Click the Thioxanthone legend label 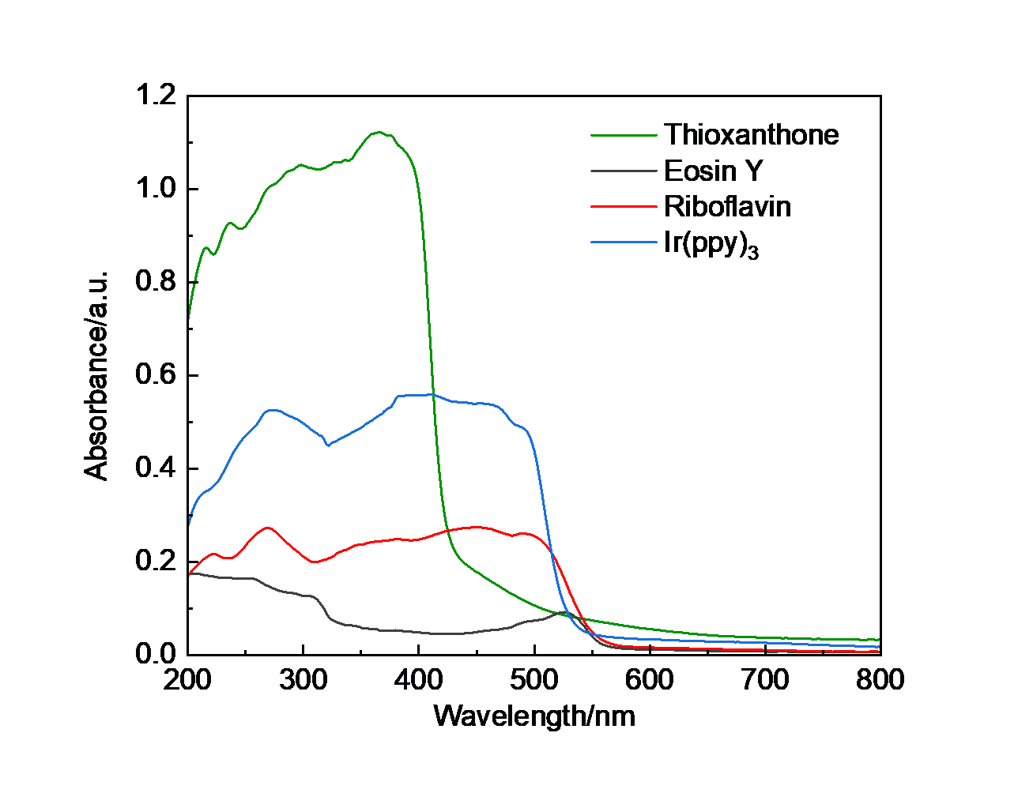coord(751,135)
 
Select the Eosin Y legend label coord(713,171)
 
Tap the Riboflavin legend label coord(727,207)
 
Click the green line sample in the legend coord(624,135)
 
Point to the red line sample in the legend coord(624,207)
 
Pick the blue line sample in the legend coord(624,242)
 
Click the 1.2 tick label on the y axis coord(155,96)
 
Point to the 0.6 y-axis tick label coord(155,375)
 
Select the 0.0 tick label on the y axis coord(155,654)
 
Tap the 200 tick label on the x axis coord(188,679)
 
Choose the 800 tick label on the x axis coord(880,679)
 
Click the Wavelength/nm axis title coord(534,716)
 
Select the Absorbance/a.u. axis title coord(96,375)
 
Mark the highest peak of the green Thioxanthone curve coord(379,132)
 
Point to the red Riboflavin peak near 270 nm coord(268,528)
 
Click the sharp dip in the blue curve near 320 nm coord(328,445)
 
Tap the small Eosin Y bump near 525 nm coord(563,612)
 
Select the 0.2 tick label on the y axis coord(155,561)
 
